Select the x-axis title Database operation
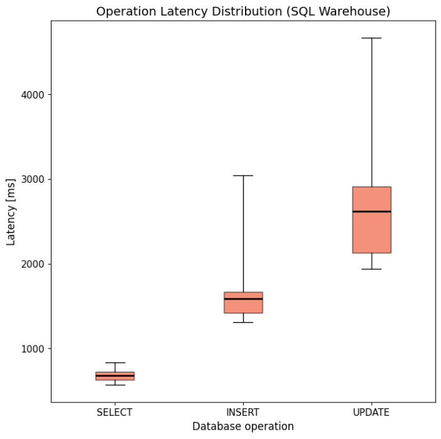242,426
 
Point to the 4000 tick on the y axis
31,95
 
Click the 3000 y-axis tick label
31,180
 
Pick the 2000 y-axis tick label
31,264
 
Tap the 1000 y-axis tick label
31,349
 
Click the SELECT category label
114,413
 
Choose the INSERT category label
243,413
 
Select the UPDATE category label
371,413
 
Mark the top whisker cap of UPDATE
371,38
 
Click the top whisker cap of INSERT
243,176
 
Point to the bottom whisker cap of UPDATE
371,269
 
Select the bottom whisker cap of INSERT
243,322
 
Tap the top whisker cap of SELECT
115,363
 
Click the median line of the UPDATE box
371,212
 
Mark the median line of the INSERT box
243,299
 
